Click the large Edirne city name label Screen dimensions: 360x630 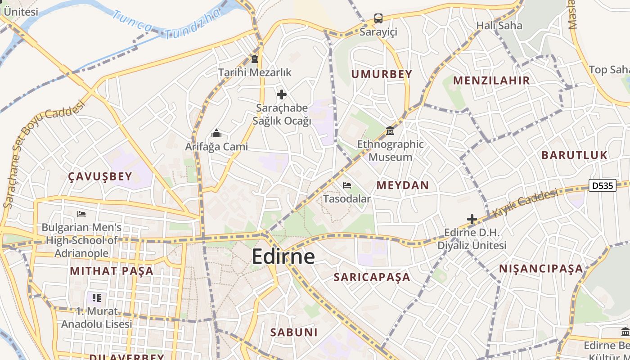(x=283, y=256)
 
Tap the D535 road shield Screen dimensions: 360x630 (x=602, y=185)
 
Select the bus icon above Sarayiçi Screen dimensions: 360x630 (x=378, y=18)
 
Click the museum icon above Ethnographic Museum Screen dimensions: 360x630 (x=390, y=131)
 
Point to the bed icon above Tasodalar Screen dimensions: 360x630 (x=346, y=185)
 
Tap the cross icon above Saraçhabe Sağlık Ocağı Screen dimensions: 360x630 (x=282, y=94)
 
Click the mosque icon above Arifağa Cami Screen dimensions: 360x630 (x=216, y=134)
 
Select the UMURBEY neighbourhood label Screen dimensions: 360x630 (x=382, y=74)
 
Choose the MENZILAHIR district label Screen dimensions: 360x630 (x=491, y=81)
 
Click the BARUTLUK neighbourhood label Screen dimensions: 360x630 (x=574, y=155)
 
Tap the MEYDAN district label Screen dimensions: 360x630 (x=403, y=185)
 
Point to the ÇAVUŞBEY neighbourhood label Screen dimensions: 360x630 (x=100, y=176)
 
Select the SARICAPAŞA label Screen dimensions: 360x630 (x=372, y=277)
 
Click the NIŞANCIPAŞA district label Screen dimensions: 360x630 (x=541, y=269)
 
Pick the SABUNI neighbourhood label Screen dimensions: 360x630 (x=294, y=333)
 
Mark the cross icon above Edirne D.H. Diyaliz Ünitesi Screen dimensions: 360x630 (x=472, y=219)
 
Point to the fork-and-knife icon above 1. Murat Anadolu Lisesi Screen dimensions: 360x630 (x=97, y=298)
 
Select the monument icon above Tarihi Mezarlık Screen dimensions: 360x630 (x=255, y=59)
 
